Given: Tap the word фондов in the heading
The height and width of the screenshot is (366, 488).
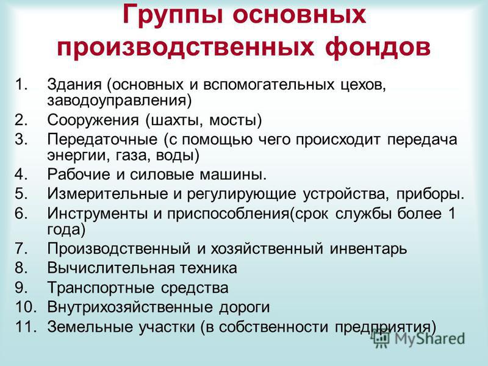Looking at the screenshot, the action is tap(378, 48).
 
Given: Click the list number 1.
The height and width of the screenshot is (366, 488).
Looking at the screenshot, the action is tap(21, 85).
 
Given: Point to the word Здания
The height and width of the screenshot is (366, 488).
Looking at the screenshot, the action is tap(74, 85).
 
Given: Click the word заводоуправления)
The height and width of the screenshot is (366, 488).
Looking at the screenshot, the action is tap(119, 101).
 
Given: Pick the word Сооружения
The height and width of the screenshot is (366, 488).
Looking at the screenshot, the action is tap(93, 121).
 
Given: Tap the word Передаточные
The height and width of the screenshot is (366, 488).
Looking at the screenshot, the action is tap(102, 140).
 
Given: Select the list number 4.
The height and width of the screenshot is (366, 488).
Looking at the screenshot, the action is tap(21, 174).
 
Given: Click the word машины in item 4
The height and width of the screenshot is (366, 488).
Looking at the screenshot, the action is tap(233, 175).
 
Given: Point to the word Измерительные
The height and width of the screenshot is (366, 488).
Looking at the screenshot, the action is tap(108, 194).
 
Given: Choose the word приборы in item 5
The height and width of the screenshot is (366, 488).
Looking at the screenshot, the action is tap(430, 195).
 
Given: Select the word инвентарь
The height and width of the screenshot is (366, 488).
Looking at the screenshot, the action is tap(368, 249).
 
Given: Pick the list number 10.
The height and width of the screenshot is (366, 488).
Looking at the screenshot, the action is tap(26, 307).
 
